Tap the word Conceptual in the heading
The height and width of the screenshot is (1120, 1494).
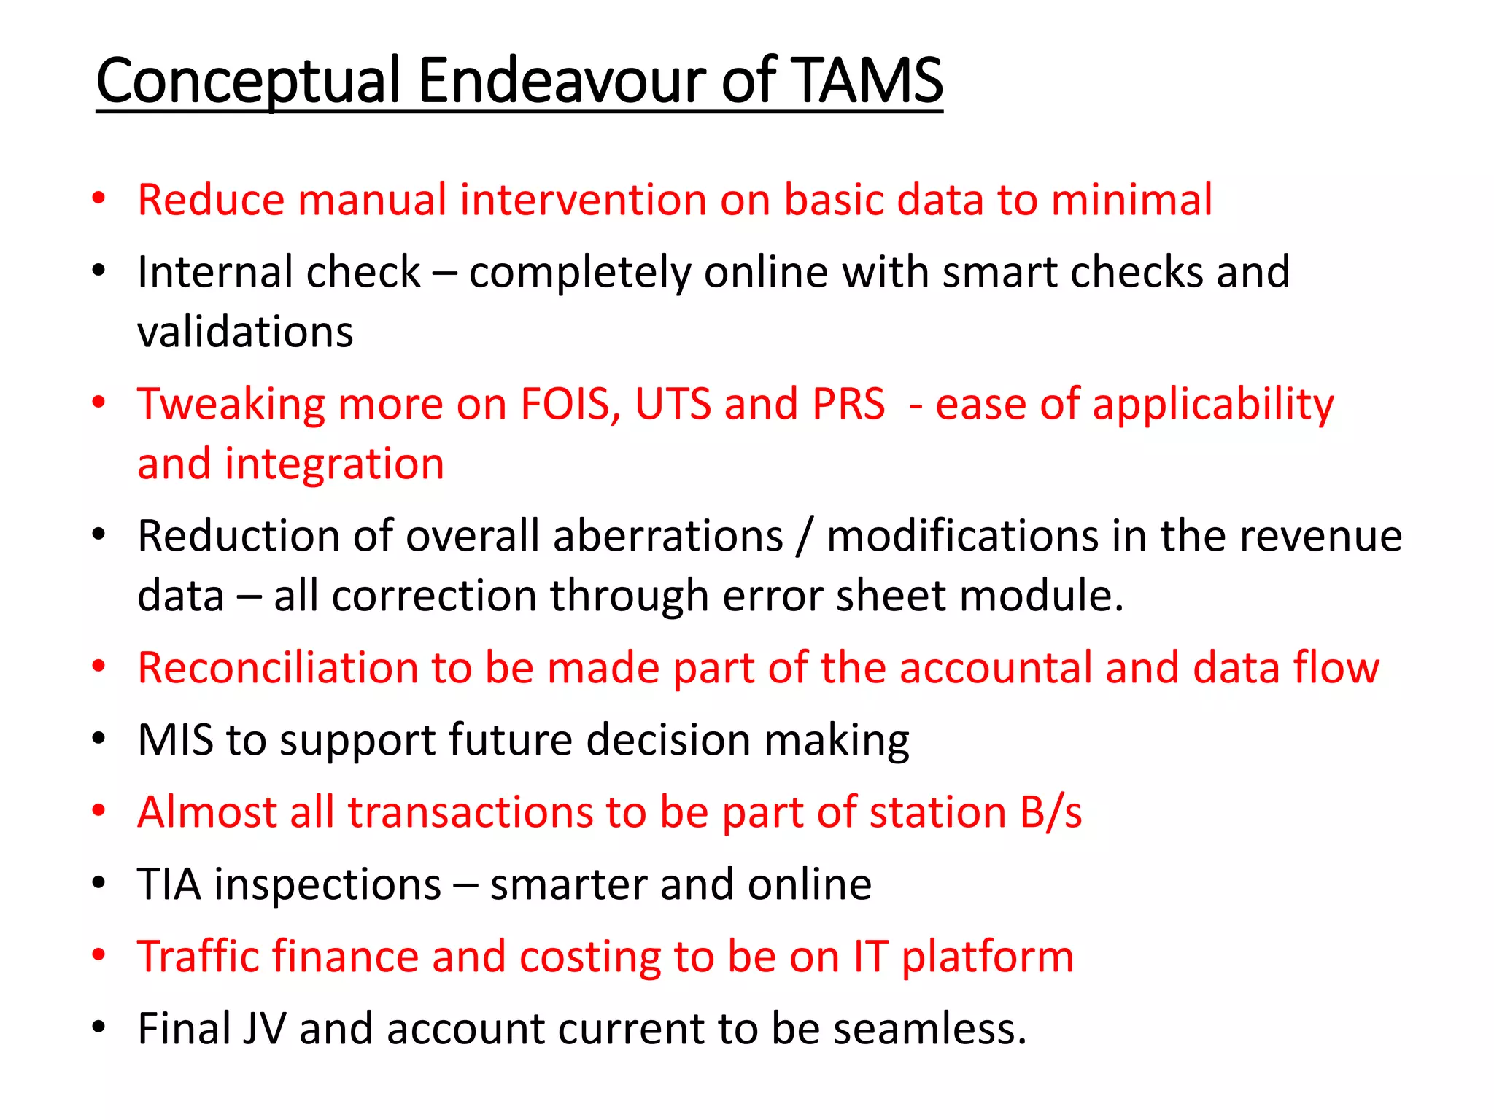(x=249, y=82)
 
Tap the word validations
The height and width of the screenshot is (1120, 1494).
(x=245, y=332)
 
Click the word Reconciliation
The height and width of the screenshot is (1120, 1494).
(x=277, y=668)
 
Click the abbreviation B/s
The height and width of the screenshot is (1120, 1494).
(x=1050, y=812)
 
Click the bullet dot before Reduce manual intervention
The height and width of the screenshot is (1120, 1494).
(x=99, y=198)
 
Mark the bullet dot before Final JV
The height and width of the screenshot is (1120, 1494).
(x=99, y=1027)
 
